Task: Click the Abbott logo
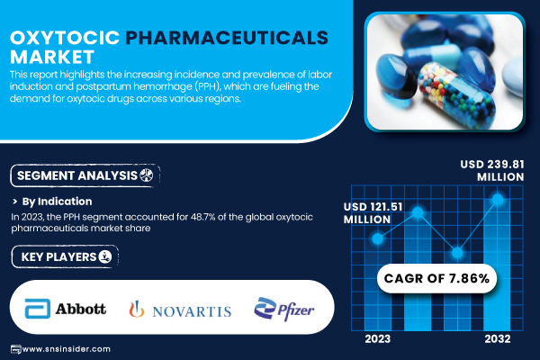pos(66,309)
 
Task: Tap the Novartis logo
pos(180,309)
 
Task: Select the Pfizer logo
pos(284,309)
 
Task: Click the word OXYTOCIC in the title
pos(65,38)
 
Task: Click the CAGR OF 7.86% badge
pos(436,278)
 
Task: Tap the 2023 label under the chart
pos(378,339)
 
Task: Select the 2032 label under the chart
pos(498,339)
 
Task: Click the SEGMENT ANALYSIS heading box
pos(85,175)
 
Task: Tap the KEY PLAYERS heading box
pos(65,256)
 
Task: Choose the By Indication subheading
pos(58,202)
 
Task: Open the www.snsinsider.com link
pos(66,349)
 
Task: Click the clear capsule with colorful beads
pos(456,92)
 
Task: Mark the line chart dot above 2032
pos(498,199)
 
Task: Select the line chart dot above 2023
pos(378,238)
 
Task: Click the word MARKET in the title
pos(52,58)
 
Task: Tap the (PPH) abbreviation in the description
pos(207,86)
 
